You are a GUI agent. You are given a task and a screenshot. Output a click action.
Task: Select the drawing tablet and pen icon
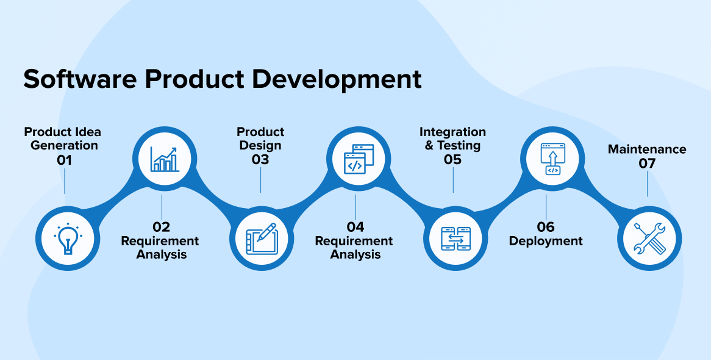261,239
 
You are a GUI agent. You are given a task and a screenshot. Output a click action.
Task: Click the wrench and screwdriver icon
649,239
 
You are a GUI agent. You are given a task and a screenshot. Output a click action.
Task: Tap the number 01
65,160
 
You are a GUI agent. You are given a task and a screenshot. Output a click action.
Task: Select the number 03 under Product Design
260,160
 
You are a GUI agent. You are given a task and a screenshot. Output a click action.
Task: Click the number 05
452,160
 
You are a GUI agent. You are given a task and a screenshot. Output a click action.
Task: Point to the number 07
647,164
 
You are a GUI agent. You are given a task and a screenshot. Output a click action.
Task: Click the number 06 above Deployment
546,227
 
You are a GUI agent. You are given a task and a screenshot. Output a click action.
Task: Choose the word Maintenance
647,149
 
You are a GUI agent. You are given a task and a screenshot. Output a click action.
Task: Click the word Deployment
546,241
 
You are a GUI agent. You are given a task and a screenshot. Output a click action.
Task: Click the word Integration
452,132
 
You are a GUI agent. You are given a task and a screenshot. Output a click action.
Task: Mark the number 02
162,227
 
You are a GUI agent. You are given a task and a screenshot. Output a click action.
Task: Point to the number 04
355,227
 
